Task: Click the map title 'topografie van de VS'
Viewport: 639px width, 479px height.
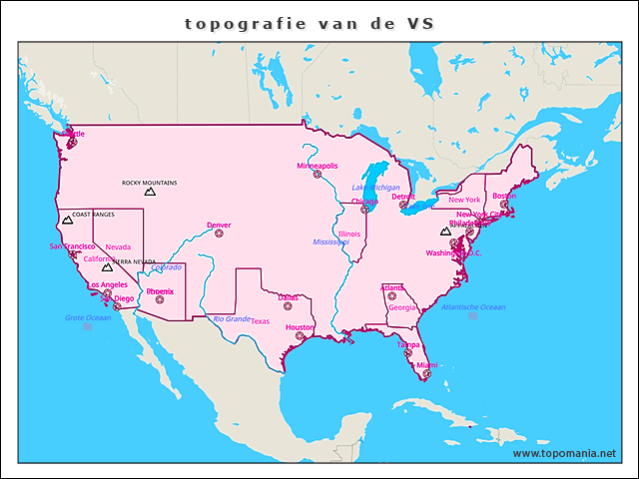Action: point(310,23)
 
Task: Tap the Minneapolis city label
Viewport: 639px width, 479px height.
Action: point(318,166)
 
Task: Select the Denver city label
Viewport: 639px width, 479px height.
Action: point(219,226)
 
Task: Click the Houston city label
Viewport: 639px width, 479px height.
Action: point(300,327)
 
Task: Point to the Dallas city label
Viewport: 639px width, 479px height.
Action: point(288,297)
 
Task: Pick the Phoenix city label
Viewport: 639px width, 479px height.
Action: point(160,291)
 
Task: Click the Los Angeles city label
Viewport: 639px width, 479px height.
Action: point(107,285)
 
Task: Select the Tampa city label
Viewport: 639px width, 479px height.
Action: point(408,345)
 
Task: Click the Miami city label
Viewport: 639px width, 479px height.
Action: point(426,365)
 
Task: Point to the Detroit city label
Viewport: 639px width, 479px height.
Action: point(403,198)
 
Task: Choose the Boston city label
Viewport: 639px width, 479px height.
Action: point(504,196)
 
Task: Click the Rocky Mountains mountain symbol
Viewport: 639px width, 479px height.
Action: point(150,191)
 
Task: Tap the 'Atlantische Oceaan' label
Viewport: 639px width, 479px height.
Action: point(474,306)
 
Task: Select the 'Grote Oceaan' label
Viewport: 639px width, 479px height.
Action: point(88,318)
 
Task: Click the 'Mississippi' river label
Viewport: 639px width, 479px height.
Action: point(330,241)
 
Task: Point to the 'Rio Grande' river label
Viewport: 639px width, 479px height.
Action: point(232,319)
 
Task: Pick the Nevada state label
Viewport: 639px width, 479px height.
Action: point(118,246)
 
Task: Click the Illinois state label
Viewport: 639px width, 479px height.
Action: point(348,235)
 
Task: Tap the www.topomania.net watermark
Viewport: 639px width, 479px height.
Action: point(564,453)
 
